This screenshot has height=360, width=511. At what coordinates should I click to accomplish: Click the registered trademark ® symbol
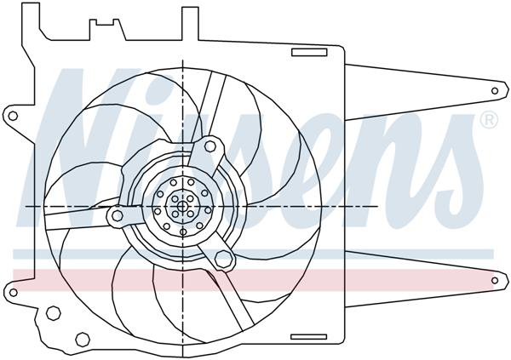(x=488, y=121)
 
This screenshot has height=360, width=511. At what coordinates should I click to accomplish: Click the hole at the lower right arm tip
(x=496, y=280)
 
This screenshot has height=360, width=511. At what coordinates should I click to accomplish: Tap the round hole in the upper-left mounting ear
(x=14, y=115)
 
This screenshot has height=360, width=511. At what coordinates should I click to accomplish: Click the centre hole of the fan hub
(x=181, y=206)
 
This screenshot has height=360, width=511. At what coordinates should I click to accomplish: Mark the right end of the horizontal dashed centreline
(x=377, y=206)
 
